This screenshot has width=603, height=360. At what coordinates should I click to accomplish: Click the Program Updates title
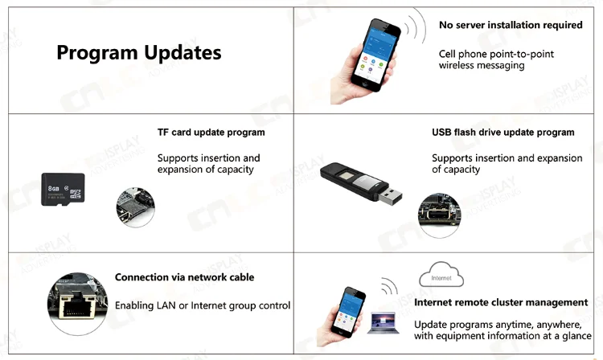[x=138, y=53]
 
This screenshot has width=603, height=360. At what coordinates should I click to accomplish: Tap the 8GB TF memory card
[x=64, y=189]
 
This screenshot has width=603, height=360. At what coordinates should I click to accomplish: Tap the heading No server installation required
[x=510, y=26]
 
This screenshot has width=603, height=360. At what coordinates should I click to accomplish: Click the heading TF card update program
[x=211, y=133]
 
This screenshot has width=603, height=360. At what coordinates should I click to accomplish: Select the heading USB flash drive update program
[x=503, y=133]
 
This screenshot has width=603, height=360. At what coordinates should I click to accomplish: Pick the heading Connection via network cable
[x=184, y=277]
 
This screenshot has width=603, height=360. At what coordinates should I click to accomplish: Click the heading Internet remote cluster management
[x=501, y=303]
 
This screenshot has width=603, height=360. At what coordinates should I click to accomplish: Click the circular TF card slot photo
[x=134, y=207]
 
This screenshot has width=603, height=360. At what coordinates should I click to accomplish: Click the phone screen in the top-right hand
[x=375, y=52]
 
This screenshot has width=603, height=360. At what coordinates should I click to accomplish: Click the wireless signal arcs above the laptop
[x=389, y=287]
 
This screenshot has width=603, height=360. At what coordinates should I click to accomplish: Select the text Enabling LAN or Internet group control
[x=203, y=306]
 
